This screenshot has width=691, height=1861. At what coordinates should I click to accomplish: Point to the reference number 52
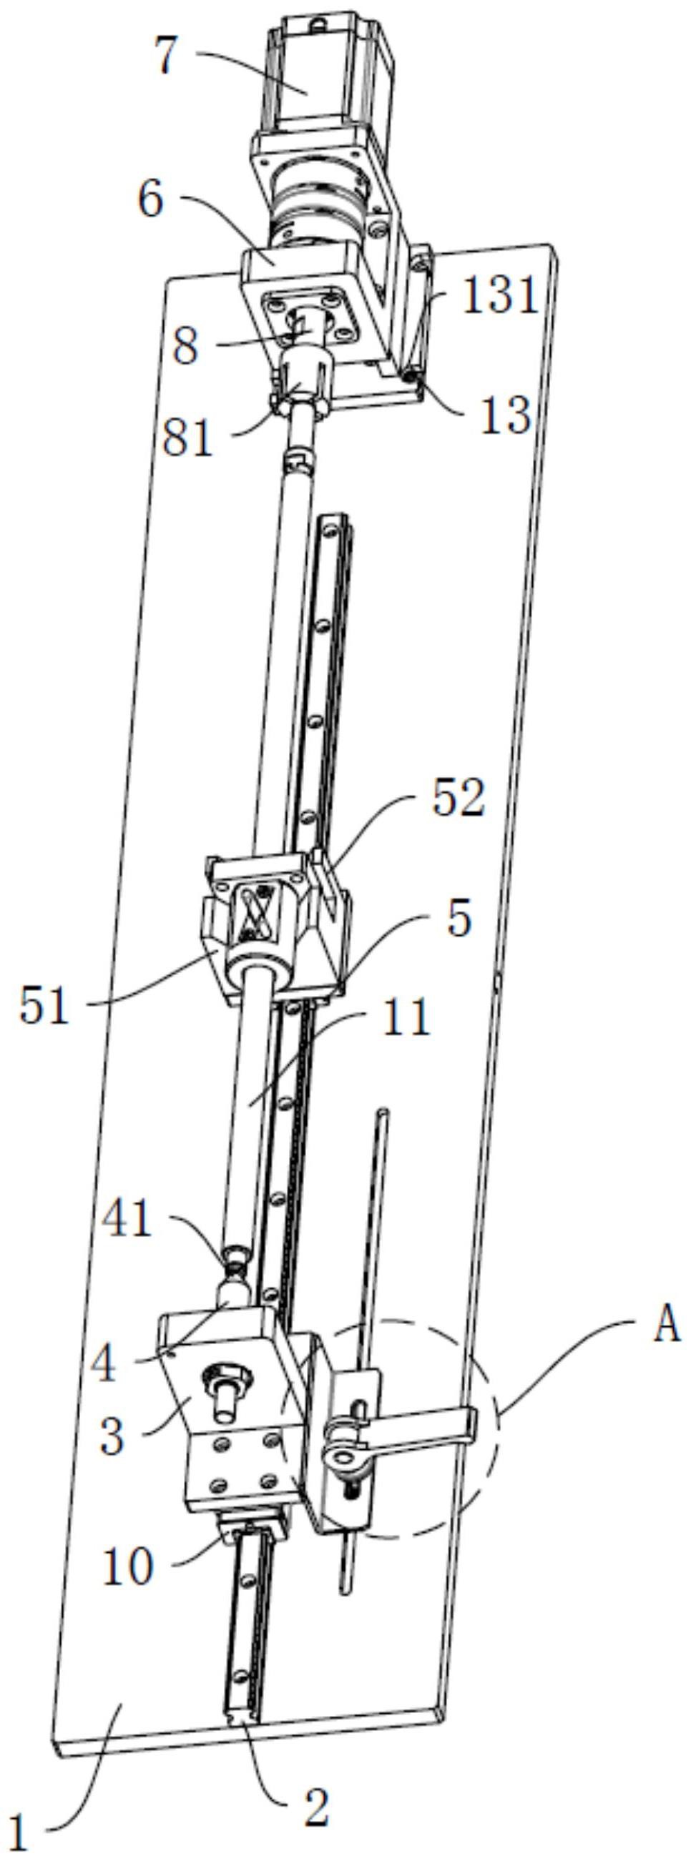(x=457, y=800)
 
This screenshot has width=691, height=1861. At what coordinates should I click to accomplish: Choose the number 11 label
(x=405, y=1018)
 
